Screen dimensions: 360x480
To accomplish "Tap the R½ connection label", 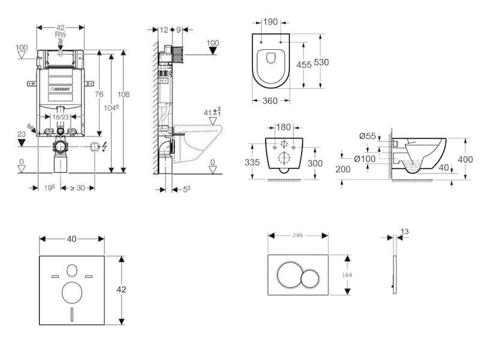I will [x=61, y=35].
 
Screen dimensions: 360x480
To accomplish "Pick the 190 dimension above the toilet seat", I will [x=271, y=22].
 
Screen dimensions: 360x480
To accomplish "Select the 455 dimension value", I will [x=304, y=65].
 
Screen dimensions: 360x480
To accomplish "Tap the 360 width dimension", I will [x=271, y=101].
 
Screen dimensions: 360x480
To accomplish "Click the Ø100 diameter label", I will [x=364, y=158].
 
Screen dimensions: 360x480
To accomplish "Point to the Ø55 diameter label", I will [x=367, y=137].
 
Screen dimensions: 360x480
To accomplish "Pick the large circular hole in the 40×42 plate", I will [x=73, y=292].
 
